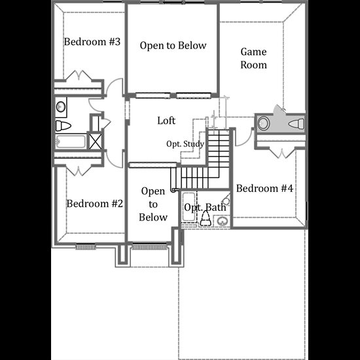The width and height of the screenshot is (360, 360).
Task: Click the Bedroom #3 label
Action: tap(92, 42)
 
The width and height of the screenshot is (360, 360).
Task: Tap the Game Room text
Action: tap(253, 58)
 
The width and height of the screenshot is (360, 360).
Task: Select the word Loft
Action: tap(166, 120)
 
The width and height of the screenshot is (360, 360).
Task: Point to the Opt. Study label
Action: tap(185, 144)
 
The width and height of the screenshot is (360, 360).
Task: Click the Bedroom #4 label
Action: tap(264, 189)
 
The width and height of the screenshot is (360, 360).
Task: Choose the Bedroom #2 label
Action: tap(95, 204)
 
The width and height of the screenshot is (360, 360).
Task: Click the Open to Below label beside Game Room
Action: tap(173, 45)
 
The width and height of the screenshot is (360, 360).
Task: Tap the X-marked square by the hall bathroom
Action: tap(96, 141)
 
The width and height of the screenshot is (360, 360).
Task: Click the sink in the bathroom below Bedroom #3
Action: tap(61, 107)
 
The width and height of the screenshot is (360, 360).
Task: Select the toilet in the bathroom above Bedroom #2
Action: tap(63, 126)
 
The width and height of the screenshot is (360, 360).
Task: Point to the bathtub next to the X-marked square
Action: tap(71, 141)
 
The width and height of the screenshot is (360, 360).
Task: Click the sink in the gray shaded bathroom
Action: tap(263, 123)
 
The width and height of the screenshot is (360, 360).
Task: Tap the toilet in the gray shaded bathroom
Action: tap(297, 124)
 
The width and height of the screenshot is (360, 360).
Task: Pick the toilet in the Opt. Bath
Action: tap(206, 219)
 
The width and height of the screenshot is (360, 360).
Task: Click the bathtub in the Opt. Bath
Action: tap(189, 207)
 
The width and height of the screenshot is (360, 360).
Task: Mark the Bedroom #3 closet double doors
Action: tap(79, 76)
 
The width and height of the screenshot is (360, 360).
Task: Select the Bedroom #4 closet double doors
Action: tap(282, 153)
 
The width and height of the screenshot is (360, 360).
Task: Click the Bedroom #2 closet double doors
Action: tap(79, 171)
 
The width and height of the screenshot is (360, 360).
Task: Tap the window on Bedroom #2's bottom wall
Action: tap(86, 247)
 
